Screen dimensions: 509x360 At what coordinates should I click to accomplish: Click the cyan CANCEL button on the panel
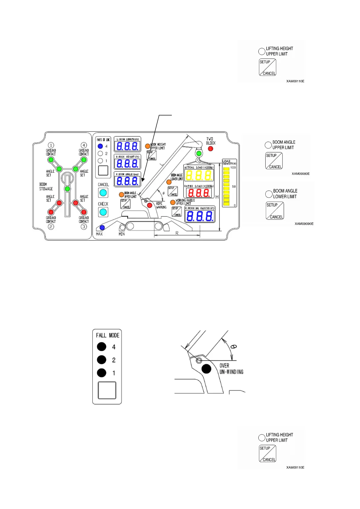click(x=103, y=193)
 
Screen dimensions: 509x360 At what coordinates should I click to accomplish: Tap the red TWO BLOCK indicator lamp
click(x=211, y=149)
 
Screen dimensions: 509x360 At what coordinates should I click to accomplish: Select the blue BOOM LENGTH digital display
click(x=127, y=146)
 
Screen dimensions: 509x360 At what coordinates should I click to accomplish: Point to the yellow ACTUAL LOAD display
click(x=199, y=175)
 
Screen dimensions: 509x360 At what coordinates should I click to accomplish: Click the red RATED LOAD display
click(x=199, y=193)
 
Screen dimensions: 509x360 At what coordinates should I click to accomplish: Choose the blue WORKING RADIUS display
click(x=200, y=216)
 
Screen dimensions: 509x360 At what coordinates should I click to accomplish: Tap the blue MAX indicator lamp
click(x=102, y=228)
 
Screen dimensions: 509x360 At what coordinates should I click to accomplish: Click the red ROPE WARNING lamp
click(x=149, y=205)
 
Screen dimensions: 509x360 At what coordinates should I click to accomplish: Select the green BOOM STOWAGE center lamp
click(x=67, y=189)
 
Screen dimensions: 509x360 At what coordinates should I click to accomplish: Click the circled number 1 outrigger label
click(x=51, y=145)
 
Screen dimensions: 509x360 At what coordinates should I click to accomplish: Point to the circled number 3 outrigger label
click(x=84, y=226)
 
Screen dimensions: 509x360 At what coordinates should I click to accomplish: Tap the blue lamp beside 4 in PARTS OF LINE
click(x=100, y=146)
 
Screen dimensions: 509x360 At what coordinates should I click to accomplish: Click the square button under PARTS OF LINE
click(x=103, y=170)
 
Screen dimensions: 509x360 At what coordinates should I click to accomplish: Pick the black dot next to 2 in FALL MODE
click(x=102, y=360)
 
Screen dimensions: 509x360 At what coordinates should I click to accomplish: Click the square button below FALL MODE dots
click(x=107, y=390)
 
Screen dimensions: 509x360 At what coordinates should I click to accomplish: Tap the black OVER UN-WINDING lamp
click(x=206, y=369)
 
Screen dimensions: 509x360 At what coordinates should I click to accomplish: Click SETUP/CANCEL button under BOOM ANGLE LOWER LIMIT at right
click(x=275, y=211)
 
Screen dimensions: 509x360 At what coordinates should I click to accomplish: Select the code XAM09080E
click(x=300, y=174)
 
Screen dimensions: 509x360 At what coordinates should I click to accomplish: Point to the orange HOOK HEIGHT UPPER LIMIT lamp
click(x=148, y=146)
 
